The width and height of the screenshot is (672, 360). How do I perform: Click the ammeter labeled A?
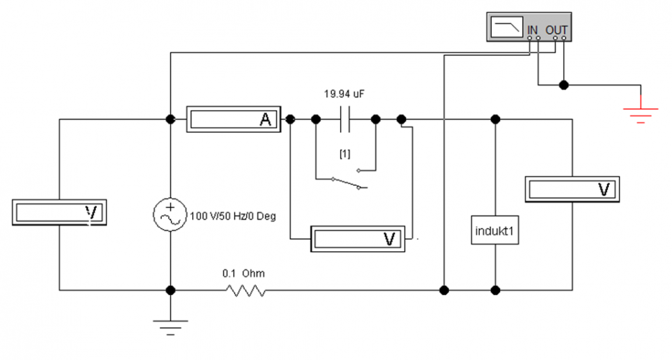[234, 119]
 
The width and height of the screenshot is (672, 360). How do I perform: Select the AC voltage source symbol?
[170, 215]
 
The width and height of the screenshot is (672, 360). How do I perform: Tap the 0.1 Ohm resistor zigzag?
[245, 291]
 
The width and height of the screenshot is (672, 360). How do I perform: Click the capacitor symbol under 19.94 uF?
[345, 119]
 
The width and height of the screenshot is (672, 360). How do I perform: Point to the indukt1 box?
[495, 230]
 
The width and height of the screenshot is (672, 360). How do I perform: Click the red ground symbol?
[640, 113]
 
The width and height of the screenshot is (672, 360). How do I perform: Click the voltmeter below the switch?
[358, 238]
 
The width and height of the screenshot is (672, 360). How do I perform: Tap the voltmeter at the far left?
[59, 212]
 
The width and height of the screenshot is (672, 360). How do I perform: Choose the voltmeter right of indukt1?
[572, 189]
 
